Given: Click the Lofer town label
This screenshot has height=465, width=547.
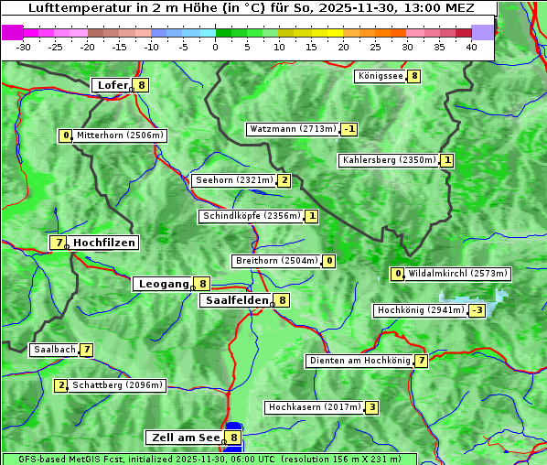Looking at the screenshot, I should pyautogui.click(x=112, y=85).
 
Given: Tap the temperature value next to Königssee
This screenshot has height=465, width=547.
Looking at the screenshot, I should pyautogui.click(x=414, y=76).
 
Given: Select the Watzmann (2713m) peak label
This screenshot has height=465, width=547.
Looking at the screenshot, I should pyautogui.click(x=293, y=129).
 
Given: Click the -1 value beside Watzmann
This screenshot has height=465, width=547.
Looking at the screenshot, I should pyautogui.click(x=349, y=129).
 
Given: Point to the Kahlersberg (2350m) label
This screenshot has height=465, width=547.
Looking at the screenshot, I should pyautogui.click(x=389, y=160).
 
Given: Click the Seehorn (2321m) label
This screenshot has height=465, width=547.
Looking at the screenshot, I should pyautogui.click(x=233, y=180).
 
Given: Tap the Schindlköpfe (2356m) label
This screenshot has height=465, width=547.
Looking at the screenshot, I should pyautogui.click(x=250, y=216).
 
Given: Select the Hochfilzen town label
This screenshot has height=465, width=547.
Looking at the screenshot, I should pyautogui.click(x=104, y=243).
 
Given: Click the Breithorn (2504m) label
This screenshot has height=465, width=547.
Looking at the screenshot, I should pyautogui.click(x=276, y=261).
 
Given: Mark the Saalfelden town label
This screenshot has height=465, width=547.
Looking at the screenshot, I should pyautogui.click(x=236, y=299).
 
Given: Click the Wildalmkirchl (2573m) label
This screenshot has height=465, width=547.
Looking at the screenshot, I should pyautogui.click(x=457, y=273).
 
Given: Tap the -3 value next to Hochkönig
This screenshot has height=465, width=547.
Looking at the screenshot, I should pyautogui.click(x=477, y=310).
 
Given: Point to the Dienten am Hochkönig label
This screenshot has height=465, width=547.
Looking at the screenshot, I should pyautogui.click(x=359, y=361).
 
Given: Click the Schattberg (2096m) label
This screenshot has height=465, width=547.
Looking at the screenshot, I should pyautogui.click(x=117, y=385).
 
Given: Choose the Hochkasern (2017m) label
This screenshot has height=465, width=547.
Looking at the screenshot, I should pyautogui.click(x=314, y=406).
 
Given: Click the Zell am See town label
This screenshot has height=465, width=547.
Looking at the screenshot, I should pyautogui.click(x=185, y=438).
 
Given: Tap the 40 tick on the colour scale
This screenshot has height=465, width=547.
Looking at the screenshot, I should pyautogui.click(x=471, y=47).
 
